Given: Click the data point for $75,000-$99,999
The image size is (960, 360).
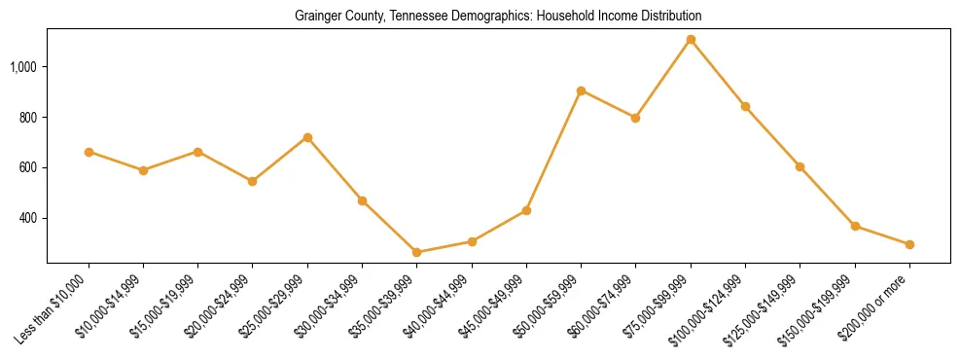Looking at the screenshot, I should tap(691, 40).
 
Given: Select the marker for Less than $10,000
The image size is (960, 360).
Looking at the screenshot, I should tap(89, 152).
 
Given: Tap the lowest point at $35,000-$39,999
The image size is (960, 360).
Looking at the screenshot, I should tap(417, 252).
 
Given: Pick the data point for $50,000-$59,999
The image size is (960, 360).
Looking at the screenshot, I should tap(581, 90).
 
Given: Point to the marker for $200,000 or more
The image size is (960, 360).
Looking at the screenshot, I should tap(909, 244).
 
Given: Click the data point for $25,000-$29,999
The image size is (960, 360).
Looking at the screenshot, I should tap(307, 137).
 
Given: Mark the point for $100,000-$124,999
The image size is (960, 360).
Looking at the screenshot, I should tap(745, 106).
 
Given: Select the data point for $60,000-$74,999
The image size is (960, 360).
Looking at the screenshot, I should tap(635, 118).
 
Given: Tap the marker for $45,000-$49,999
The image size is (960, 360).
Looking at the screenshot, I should tap(526, 210).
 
